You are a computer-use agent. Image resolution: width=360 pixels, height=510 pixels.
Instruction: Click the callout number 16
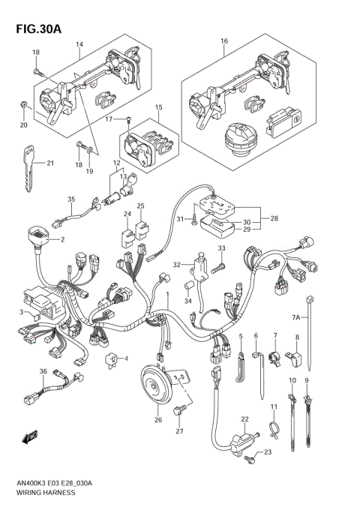tap(223, 40)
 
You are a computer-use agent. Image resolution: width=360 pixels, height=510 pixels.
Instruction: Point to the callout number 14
tap(79, 44)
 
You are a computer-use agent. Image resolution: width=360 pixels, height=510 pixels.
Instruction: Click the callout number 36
tap(43, 372)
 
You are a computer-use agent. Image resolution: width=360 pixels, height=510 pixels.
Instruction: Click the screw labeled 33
tap(220, 265)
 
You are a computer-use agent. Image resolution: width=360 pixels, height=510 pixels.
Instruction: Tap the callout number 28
tap(274, 218)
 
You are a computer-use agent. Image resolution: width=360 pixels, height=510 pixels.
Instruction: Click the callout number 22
tap(244, 418)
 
